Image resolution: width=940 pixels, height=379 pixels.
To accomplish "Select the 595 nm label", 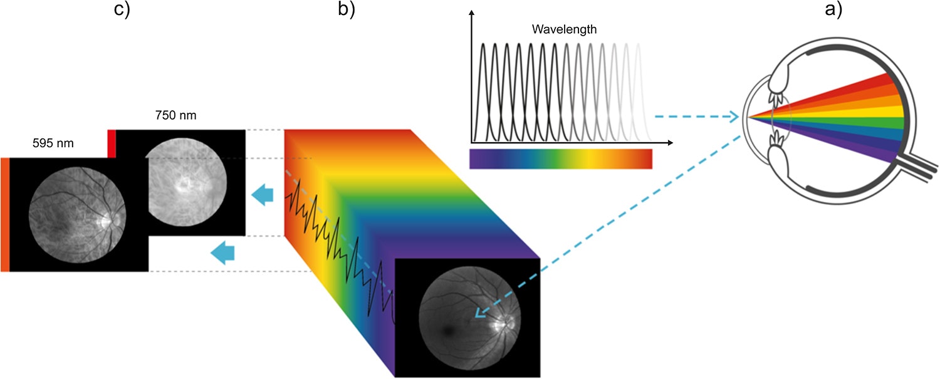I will [53, 143].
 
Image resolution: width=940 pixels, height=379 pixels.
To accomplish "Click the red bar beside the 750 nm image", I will [112, 143].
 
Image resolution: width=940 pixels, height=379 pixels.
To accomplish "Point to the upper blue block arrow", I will [262, 196].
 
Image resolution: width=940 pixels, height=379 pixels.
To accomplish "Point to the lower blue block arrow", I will [222, 252].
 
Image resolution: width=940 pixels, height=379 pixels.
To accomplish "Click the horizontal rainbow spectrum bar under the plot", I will [560, 158].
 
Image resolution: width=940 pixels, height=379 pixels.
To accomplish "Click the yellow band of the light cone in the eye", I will [865, 112].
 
